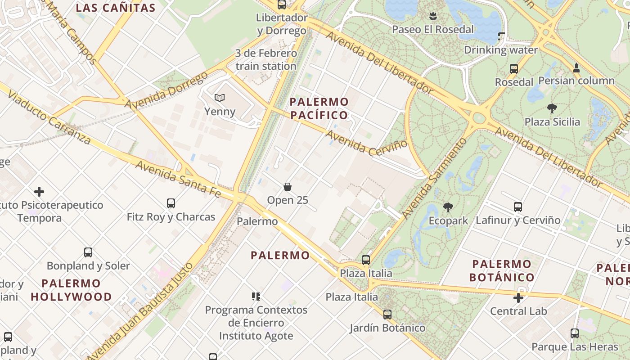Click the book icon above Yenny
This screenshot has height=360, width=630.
tap(220, 98)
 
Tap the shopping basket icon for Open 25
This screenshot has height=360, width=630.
tap(288, 186)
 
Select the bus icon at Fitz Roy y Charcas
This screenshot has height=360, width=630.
tap(171, 203)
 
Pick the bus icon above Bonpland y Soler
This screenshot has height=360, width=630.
tap(88, 252)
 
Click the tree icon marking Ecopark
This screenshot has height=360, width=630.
tap(448, 207)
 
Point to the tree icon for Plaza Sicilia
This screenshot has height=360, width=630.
tap(552, 108)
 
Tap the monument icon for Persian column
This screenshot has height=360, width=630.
tap(576, 68)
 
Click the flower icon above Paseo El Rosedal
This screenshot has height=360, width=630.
tap(433, 17)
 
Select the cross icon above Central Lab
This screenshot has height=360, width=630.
tap(518, 298)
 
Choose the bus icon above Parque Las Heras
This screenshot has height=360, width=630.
tap(575, 333)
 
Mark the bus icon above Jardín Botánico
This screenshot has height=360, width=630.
tap(387, 315)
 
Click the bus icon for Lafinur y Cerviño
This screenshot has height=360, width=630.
tap(518, 207)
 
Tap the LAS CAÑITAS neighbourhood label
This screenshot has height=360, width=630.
tap(116, 8)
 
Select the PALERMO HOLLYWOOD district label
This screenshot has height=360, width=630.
tap(71, 290)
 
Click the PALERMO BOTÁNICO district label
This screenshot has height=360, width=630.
tap(502, 270)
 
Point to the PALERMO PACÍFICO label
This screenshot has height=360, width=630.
tap(319, 108)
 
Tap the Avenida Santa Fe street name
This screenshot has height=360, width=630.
tap(178, 179)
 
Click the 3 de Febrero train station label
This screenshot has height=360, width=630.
tap(266, 60)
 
